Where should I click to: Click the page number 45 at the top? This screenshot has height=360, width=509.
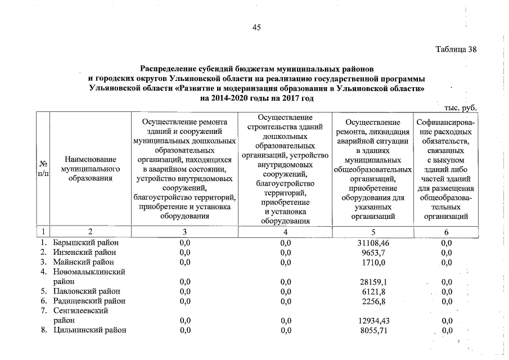pyautogui.click(x=256, y=27)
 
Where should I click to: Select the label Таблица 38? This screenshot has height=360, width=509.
pyautogui.click(x=456, y=49)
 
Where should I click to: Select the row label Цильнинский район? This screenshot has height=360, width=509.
pyautogui.click(x=89, y=330)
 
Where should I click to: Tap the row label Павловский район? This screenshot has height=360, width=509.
pyautogui.click(x=87, y=291)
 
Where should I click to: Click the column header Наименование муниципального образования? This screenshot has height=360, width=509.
pyautogui.click(x=91, y=169)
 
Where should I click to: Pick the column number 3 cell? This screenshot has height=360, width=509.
pyautogui.click(x=184, y=231)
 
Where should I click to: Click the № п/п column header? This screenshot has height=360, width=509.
pyautogui.click(x=43, y=169)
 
